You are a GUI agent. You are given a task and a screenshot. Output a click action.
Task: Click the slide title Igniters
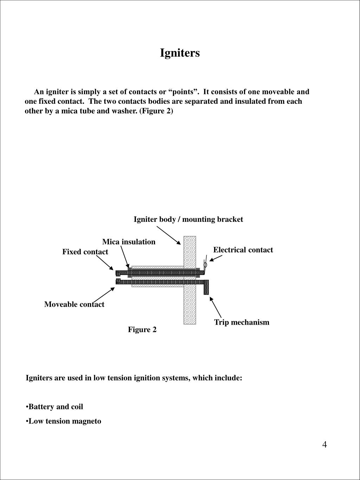click(180, 53)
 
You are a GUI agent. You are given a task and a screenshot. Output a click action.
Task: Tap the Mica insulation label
click(129, 242)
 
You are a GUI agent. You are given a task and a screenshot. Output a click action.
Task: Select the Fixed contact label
click(85, 252)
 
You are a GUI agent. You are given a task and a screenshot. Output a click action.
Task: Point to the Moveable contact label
click(74, 305)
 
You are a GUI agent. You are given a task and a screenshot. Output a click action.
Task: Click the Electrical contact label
click(243, 250)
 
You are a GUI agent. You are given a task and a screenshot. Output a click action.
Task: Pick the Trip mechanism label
click(242, 322)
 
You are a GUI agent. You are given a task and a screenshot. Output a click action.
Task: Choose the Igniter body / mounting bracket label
click(188, 219)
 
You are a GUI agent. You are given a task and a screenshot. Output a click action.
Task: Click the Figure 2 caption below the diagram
click(142, 329)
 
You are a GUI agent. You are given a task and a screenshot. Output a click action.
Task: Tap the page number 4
click(324, 445)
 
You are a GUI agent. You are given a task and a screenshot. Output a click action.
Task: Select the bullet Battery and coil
click(56, 407)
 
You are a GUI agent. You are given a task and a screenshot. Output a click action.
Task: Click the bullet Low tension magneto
click(65, 421)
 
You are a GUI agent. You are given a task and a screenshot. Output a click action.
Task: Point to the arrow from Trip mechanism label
click(216, 307)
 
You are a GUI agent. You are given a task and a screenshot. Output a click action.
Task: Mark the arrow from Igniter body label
click(169, 235)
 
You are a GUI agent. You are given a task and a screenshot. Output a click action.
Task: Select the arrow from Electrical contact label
click(216, 258)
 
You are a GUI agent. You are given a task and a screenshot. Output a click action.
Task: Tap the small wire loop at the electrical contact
click(205, 264)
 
